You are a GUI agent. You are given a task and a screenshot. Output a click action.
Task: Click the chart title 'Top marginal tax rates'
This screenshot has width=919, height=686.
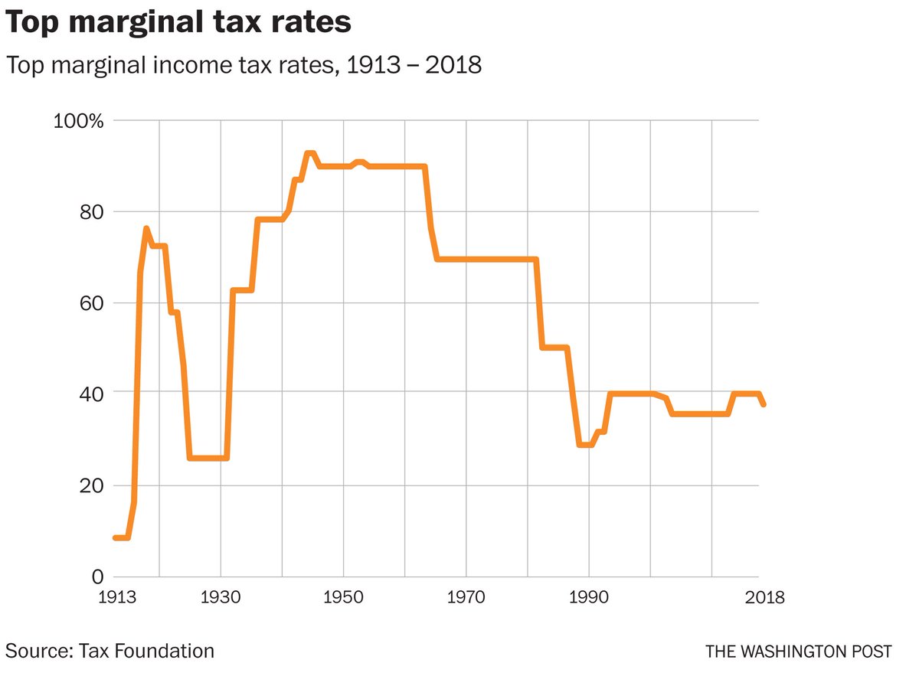[x=179, y=23]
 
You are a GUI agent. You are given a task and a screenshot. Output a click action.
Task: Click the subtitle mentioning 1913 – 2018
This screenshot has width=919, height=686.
[x=244, y=65]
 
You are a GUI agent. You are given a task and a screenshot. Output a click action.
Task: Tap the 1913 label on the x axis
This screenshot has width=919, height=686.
[x=114, y=596]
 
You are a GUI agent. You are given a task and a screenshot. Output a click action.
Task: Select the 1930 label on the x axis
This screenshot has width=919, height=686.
[x=221, y=596]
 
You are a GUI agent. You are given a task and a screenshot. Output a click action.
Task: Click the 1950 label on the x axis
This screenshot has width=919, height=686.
[x=344, y=596]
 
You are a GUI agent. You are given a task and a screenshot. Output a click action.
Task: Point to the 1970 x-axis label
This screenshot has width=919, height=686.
[x=466, y=596]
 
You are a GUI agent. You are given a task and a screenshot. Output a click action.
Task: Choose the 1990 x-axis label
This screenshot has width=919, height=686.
[x=589, y=596]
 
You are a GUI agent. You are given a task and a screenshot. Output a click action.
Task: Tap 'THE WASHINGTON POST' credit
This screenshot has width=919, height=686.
[x=799, y=652]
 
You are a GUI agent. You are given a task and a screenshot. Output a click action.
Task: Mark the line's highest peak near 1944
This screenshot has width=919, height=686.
[x=309, y=153]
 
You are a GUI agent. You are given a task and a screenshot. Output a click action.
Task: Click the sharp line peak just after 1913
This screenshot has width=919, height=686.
[x=146, y=228]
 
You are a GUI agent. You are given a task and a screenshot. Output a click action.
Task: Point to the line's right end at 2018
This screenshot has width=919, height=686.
[x=763, y=404]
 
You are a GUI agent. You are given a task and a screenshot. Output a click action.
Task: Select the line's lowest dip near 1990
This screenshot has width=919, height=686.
[x=585, y=445]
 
